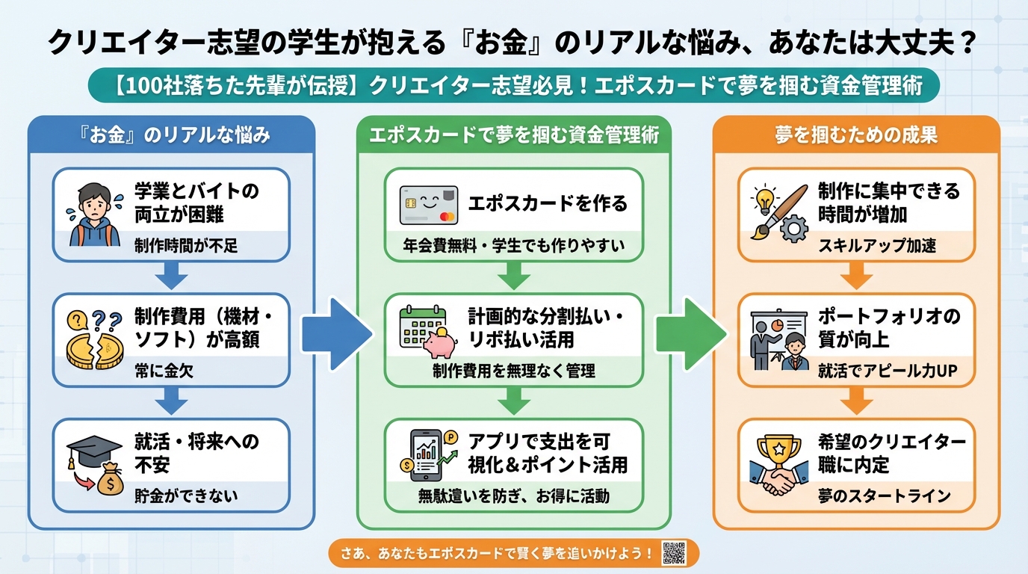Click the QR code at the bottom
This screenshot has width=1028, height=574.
click(674, 554)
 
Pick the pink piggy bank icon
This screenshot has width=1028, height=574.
click(440, 343)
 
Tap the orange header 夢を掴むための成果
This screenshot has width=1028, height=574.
click(855, 135)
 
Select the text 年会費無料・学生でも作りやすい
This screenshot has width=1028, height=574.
click(513, 245)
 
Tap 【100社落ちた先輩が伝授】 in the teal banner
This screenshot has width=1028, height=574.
click(238, 85)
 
